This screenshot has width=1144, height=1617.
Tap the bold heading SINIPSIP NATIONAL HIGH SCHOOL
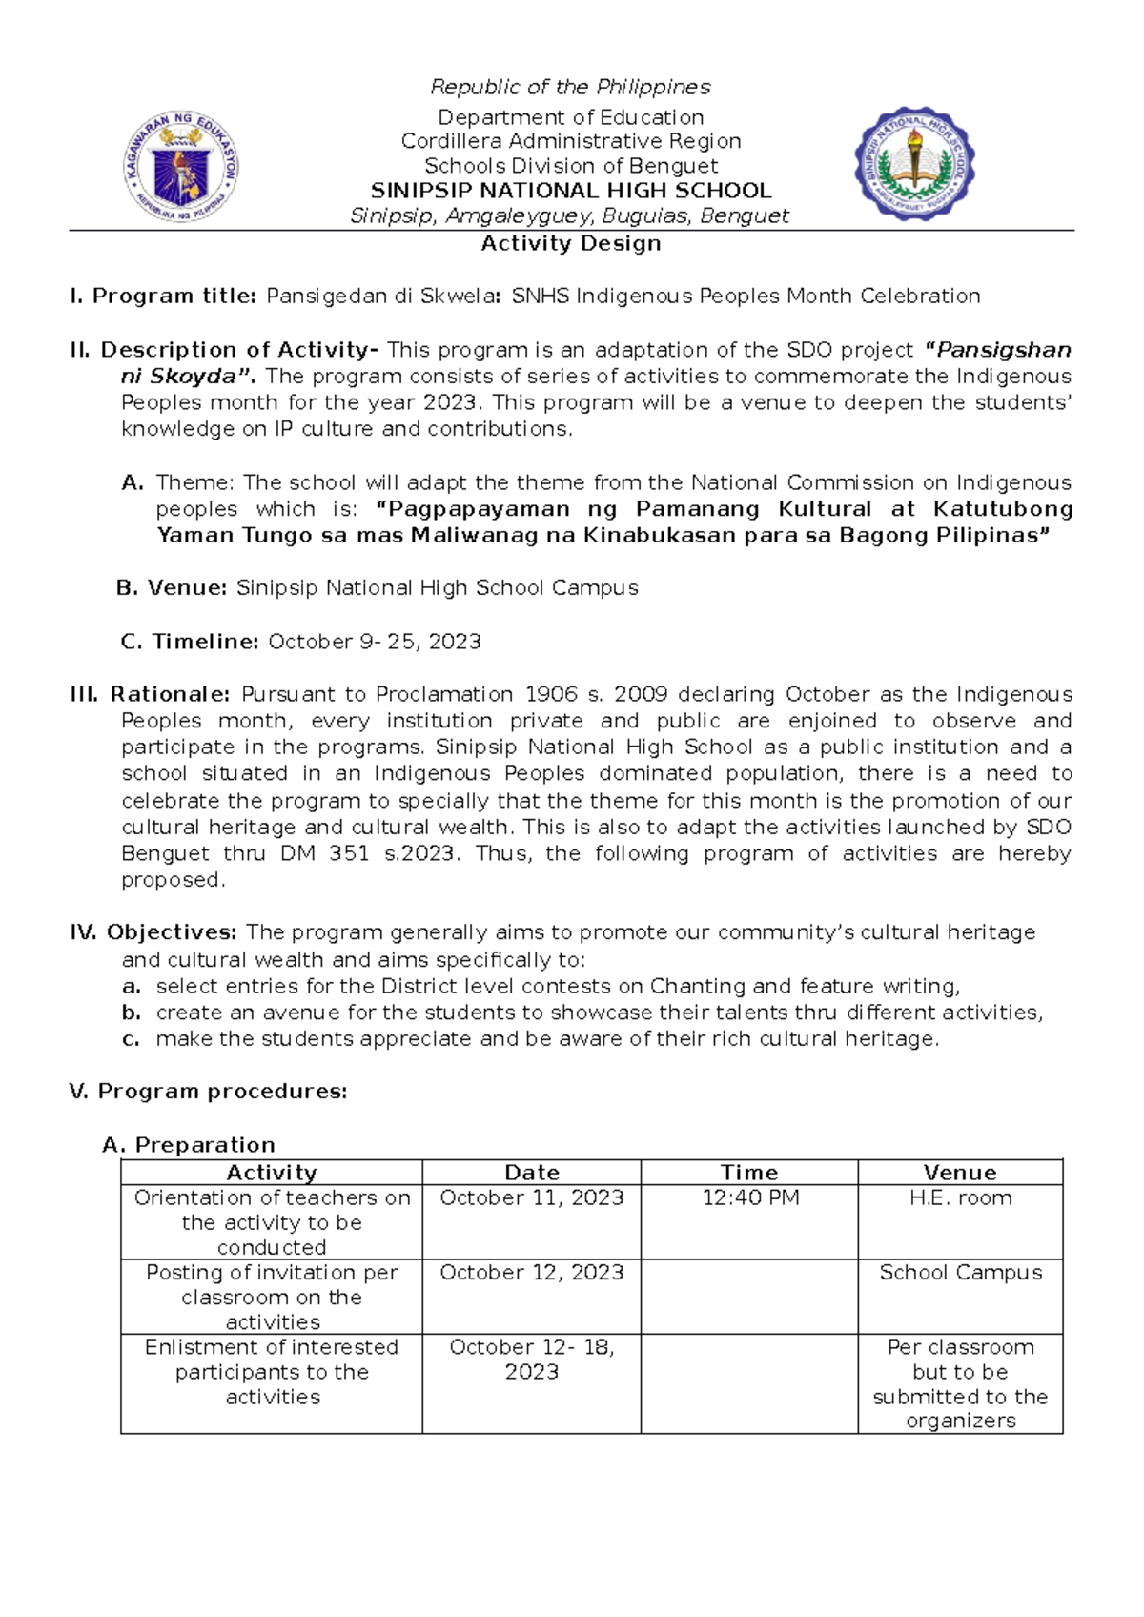570,191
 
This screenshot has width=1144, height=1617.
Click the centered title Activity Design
570,244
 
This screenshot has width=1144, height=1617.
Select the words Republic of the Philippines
570,88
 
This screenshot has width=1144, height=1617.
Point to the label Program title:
174,297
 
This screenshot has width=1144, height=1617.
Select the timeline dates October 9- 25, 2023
375,642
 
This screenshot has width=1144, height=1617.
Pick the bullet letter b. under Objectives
132,1013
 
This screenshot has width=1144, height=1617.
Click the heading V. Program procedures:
208,1092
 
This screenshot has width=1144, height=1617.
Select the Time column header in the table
748,1173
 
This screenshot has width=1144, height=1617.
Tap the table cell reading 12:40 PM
750,1198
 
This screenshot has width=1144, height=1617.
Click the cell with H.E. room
960,1198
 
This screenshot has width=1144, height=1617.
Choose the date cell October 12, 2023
531,1273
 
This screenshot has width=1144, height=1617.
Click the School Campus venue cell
960,1273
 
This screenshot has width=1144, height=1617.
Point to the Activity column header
272,1173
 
